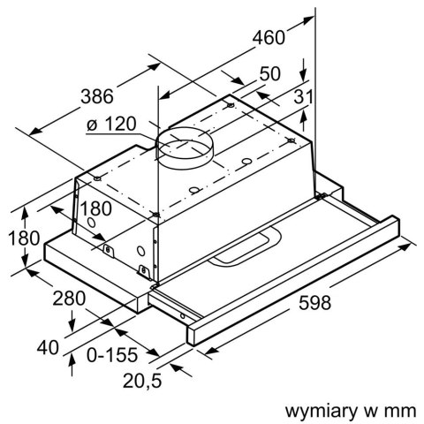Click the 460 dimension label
pos(269,37)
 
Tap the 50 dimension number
pos(270,74)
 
